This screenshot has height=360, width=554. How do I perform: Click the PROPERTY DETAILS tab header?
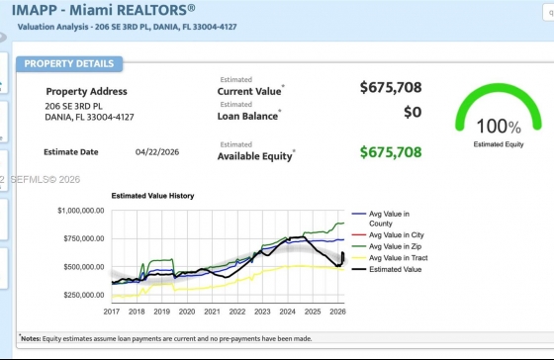[69, 64]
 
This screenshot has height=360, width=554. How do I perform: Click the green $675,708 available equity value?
[391, 152]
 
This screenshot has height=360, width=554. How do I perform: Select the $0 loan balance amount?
[413, 112]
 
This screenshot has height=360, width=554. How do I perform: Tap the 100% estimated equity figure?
[499, 127]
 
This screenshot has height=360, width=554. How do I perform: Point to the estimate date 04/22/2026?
[157, 152]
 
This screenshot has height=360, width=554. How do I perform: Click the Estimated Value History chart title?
[152, 196]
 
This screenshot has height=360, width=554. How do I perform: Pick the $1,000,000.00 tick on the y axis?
[81, 211]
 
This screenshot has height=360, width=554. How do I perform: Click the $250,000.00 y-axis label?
[84, 295]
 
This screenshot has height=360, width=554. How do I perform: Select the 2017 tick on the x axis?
[111, 312]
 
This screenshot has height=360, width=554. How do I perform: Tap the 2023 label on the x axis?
[262, 312]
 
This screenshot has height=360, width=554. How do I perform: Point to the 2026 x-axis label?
[337, 312]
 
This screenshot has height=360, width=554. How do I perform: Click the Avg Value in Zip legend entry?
[387, 246]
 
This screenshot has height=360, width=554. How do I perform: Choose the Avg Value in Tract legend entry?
[390, 258]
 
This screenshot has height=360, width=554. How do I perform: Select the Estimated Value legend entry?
[387, 269]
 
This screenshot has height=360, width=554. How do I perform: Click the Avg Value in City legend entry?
[388, 235]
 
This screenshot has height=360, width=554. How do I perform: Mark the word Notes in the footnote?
[31, 339]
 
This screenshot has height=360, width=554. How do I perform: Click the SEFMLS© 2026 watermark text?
[46, 179]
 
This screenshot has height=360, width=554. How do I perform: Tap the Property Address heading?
[87, 92]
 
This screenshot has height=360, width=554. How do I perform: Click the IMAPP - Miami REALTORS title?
[103, 10]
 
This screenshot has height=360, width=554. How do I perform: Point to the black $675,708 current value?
[391, 87]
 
